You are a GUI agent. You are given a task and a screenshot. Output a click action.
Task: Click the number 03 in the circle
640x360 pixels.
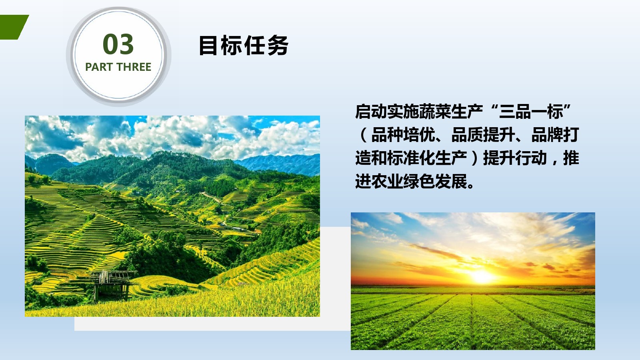click(x=118, y=44)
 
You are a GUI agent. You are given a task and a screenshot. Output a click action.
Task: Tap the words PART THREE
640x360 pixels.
click(x=118, y=67)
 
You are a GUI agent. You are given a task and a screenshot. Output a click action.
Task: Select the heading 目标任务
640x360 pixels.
click(x=244, y=45)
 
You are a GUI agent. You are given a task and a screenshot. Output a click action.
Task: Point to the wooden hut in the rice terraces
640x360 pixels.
click(x=112, y=285)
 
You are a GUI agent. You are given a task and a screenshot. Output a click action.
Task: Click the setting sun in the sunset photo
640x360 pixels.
click(x=482, y=276)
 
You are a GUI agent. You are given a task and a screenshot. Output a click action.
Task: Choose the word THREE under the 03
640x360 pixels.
click(x=134, y=67)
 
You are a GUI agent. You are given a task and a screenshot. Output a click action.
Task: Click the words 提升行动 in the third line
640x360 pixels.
click(x=515, y=158)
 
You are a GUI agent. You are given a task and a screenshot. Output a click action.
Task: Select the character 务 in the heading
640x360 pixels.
click(x=278, y=45)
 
